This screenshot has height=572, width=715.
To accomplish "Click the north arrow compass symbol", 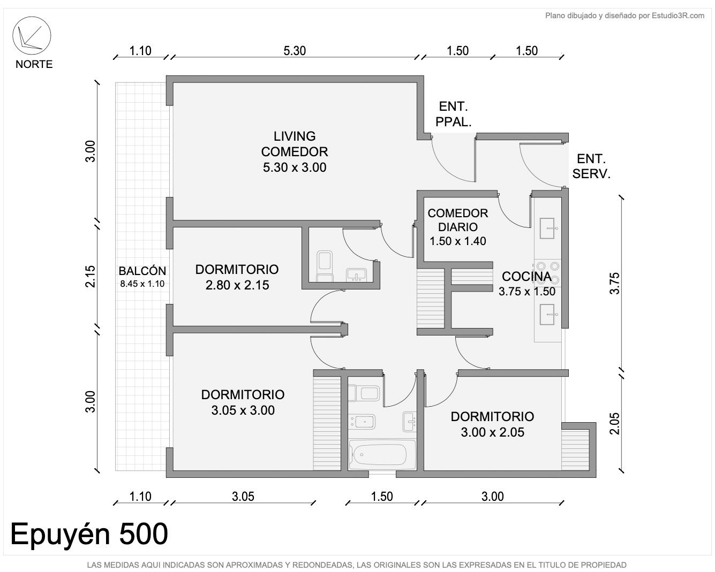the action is [x=32, y=35].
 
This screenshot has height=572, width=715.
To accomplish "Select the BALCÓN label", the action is [x=142, y=271].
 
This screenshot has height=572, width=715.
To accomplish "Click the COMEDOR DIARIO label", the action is [x=457, y=220].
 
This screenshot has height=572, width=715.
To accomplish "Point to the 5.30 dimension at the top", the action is [x=295, y=51].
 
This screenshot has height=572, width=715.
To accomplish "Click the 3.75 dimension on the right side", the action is [x=615, y=283].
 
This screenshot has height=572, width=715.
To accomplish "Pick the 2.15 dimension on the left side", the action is [x=90, y=276].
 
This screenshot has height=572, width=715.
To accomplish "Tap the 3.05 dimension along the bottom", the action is [x=243, y=497].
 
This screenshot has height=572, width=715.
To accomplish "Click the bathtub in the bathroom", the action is [x=381, y=455].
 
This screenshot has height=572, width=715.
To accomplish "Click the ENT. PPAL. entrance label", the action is [x=454, y=114].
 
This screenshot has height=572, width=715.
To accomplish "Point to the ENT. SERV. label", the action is [x=591, y=166].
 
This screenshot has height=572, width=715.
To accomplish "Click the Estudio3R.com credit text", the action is [x=678, y=16].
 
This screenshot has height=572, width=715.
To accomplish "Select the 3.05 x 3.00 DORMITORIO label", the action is [x=243, y=402].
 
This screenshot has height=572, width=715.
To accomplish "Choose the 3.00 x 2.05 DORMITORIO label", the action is [x=492, y=424].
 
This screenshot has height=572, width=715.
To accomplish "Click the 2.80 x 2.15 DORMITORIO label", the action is [x=237, y=277].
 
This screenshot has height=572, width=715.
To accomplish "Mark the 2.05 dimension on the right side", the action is [x=615, y=424].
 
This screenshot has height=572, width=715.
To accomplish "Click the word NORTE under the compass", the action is [x=34, y=64].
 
